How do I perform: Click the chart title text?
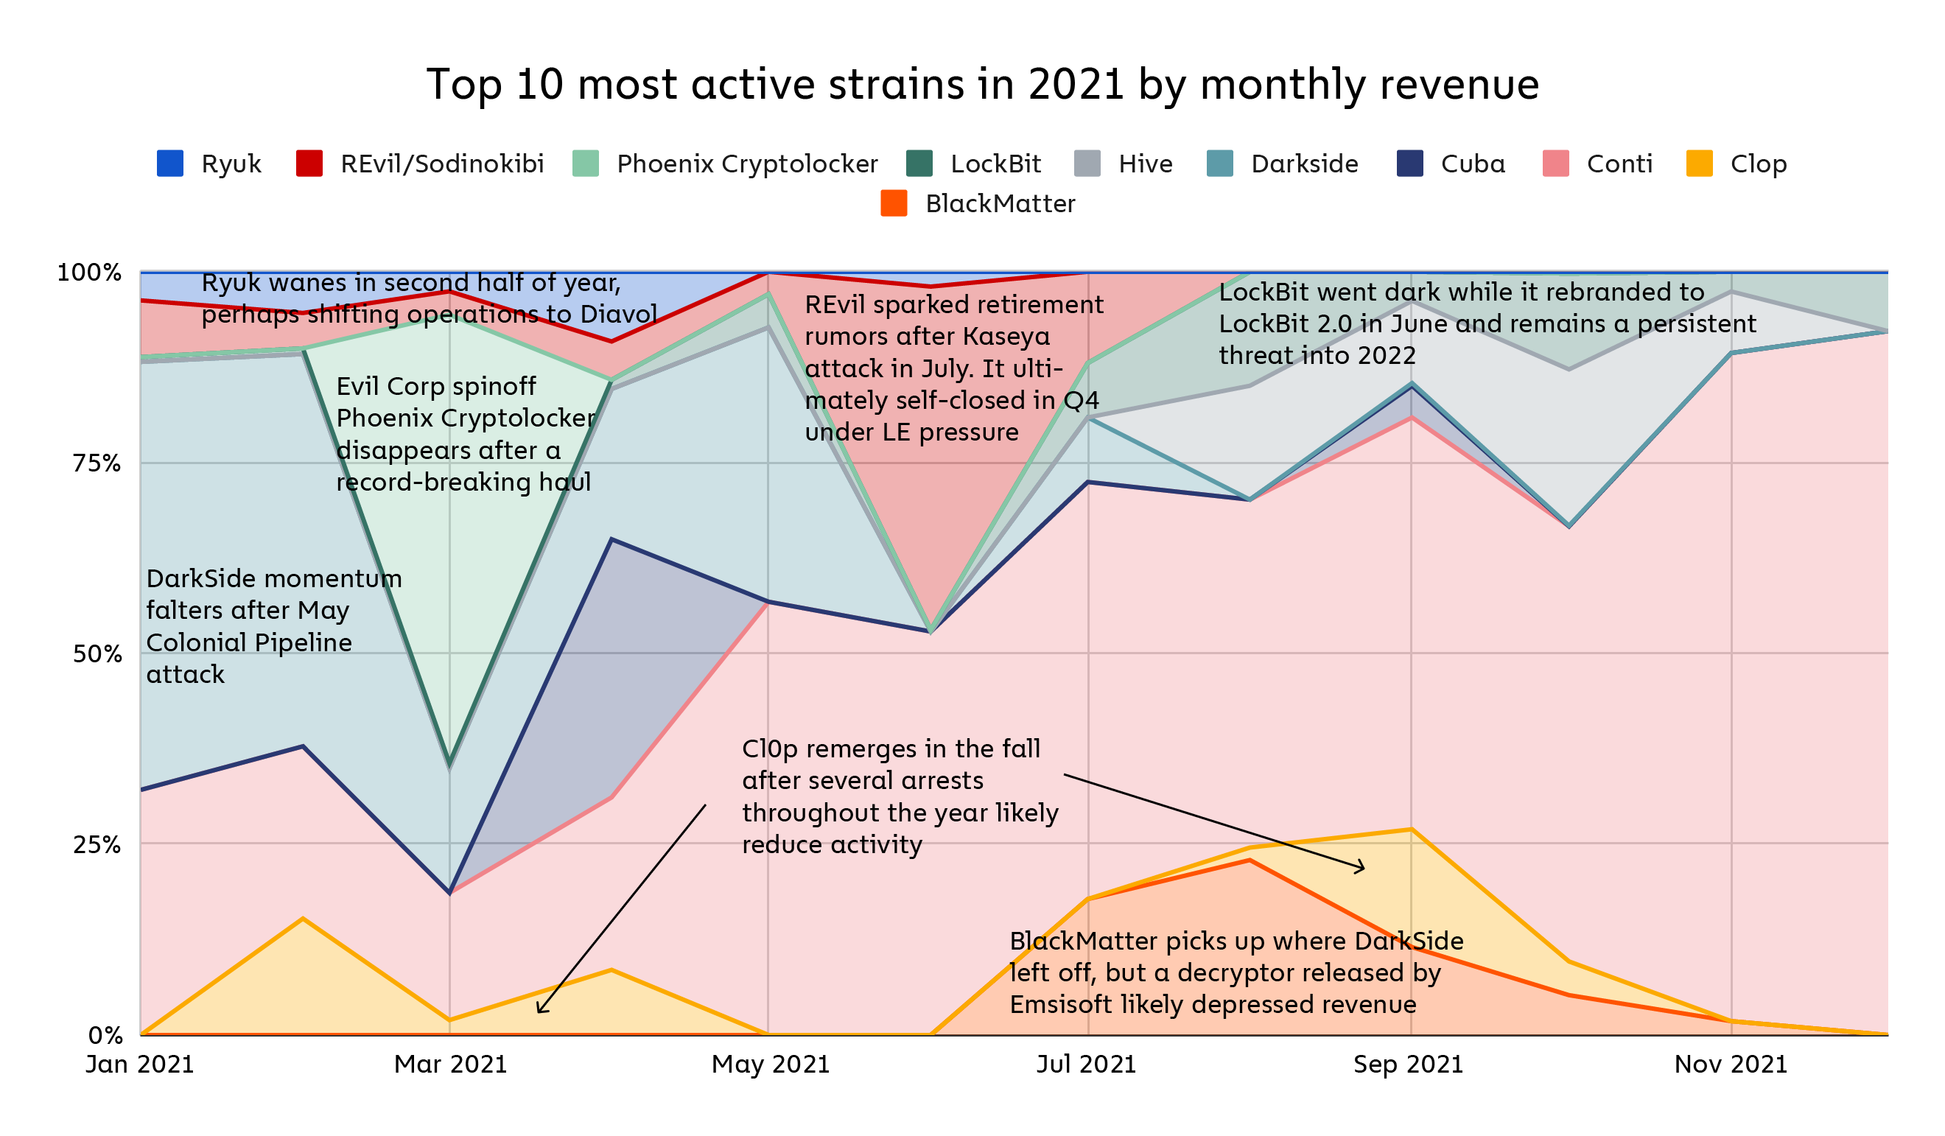tap(983, 84)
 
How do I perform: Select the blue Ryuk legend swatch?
tap(169, 164)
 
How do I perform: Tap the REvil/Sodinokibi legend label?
tap(442, 164)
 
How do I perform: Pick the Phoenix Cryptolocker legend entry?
tap(746, 164)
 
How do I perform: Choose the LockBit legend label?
tap(995, 164)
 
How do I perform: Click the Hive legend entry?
tap(1146, 164)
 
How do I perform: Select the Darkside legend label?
tap(1304, 164)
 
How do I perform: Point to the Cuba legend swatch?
tap(1409, 164)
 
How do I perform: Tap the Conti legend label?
tap(1619, 164)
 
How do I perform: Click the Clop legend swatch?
tap(1700, 164)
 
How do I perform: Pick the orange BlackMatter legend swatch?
tap(894, 204)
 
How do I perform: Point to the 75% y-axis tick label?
tap(97, 464)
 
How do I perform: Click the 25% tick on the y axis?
tap(97, 845)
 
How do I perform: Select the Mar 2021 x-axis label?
tap(451, 1065)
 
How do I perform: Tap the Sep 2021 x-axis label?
tap(1409, 1065)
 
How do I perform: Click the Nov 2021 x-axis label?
tap(1731, 1065)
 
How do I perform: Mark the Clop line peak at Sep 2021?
tap(1411, 830)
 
